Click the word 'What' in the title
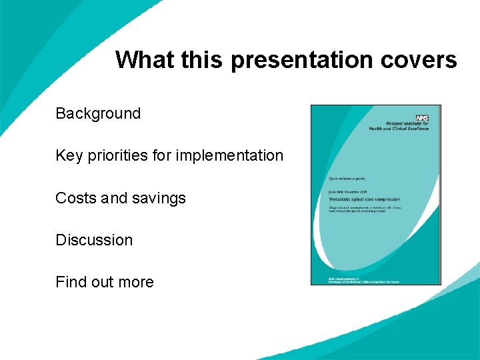(143, 59)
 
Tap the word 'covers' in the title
(419, 60)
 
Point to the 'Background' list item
(98, 113)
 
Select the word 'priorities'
(117, 156)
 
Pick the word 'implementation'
(229, 156)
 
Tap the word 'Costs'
(75, 198)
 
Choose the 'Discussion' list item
(94, 240)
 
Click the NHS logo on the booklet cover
(421, 117)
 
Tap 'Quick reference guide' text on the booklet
(347, 179)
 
